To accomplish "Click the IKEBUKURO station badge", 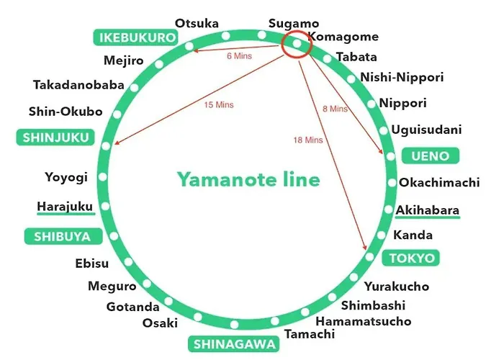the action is click(x=135, y=37).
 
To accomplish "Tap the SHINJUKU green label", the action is click(x=55, y=138).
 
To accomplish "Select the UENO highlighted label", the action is click(x=431, y=156).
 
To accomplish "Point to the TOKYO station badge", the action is click(x=411, y=258).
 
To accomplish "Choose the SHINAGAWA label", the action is click(x=234, y=344).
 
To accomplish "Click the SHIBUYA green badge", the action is click(x=63, y=236).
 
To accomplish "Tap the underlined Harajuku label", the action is click(x=66, y=207).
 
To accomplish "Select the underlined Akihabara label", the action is click(x=428, y=210).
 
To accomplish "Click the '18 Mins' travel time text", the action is click(x=308, y=140).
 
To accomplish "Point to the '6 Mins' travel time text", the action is click(x=239, y=56).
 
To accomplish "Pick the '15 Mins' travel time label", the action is click(x=219, y=105).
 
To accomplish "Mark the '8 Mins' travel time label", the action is click(x=335, y=109).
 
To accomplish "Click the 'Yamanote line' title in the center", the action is click(x=249, y=179).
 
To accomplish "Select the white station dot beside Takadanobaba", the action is click(x=134, y=87).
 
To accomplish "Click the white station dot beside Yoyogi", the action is click(x=103, y=176).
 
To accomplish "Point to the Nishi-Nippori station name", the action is click(x=402, y=77).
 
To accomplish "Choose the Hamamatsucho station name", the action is click(x=364, y=321).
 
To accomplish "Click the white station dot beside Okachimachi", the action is click(x=392, y=183).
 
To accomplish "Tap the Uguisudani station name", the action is click(x=426, y=130).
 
